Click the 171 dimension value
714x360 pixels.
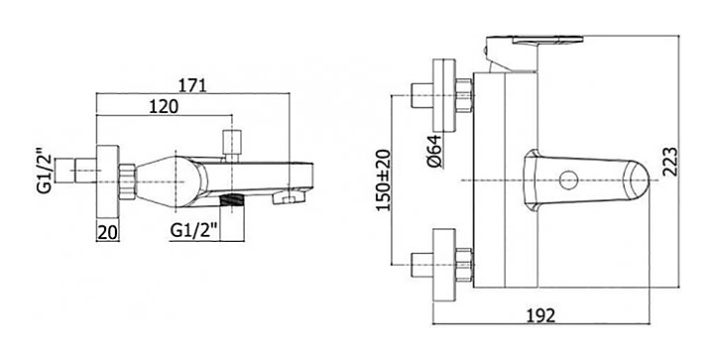point(192,85)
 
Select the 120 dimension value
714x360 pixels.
point(164,107)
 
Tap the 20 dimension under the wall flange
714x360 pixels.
point(108,232)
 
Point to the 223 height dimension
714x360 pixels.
point(669,161)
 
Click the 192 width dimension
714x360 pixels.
point(541,315)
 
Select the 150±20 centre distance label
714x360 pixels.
point(384,180)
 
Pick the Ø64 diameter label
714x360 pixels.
point(435,151)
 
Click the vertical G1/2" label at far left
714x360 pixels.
point(44,171)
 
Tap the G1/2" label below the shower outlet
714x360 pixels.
point(192,231)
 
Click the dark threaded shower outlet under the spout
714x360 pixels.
point(232,199)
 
